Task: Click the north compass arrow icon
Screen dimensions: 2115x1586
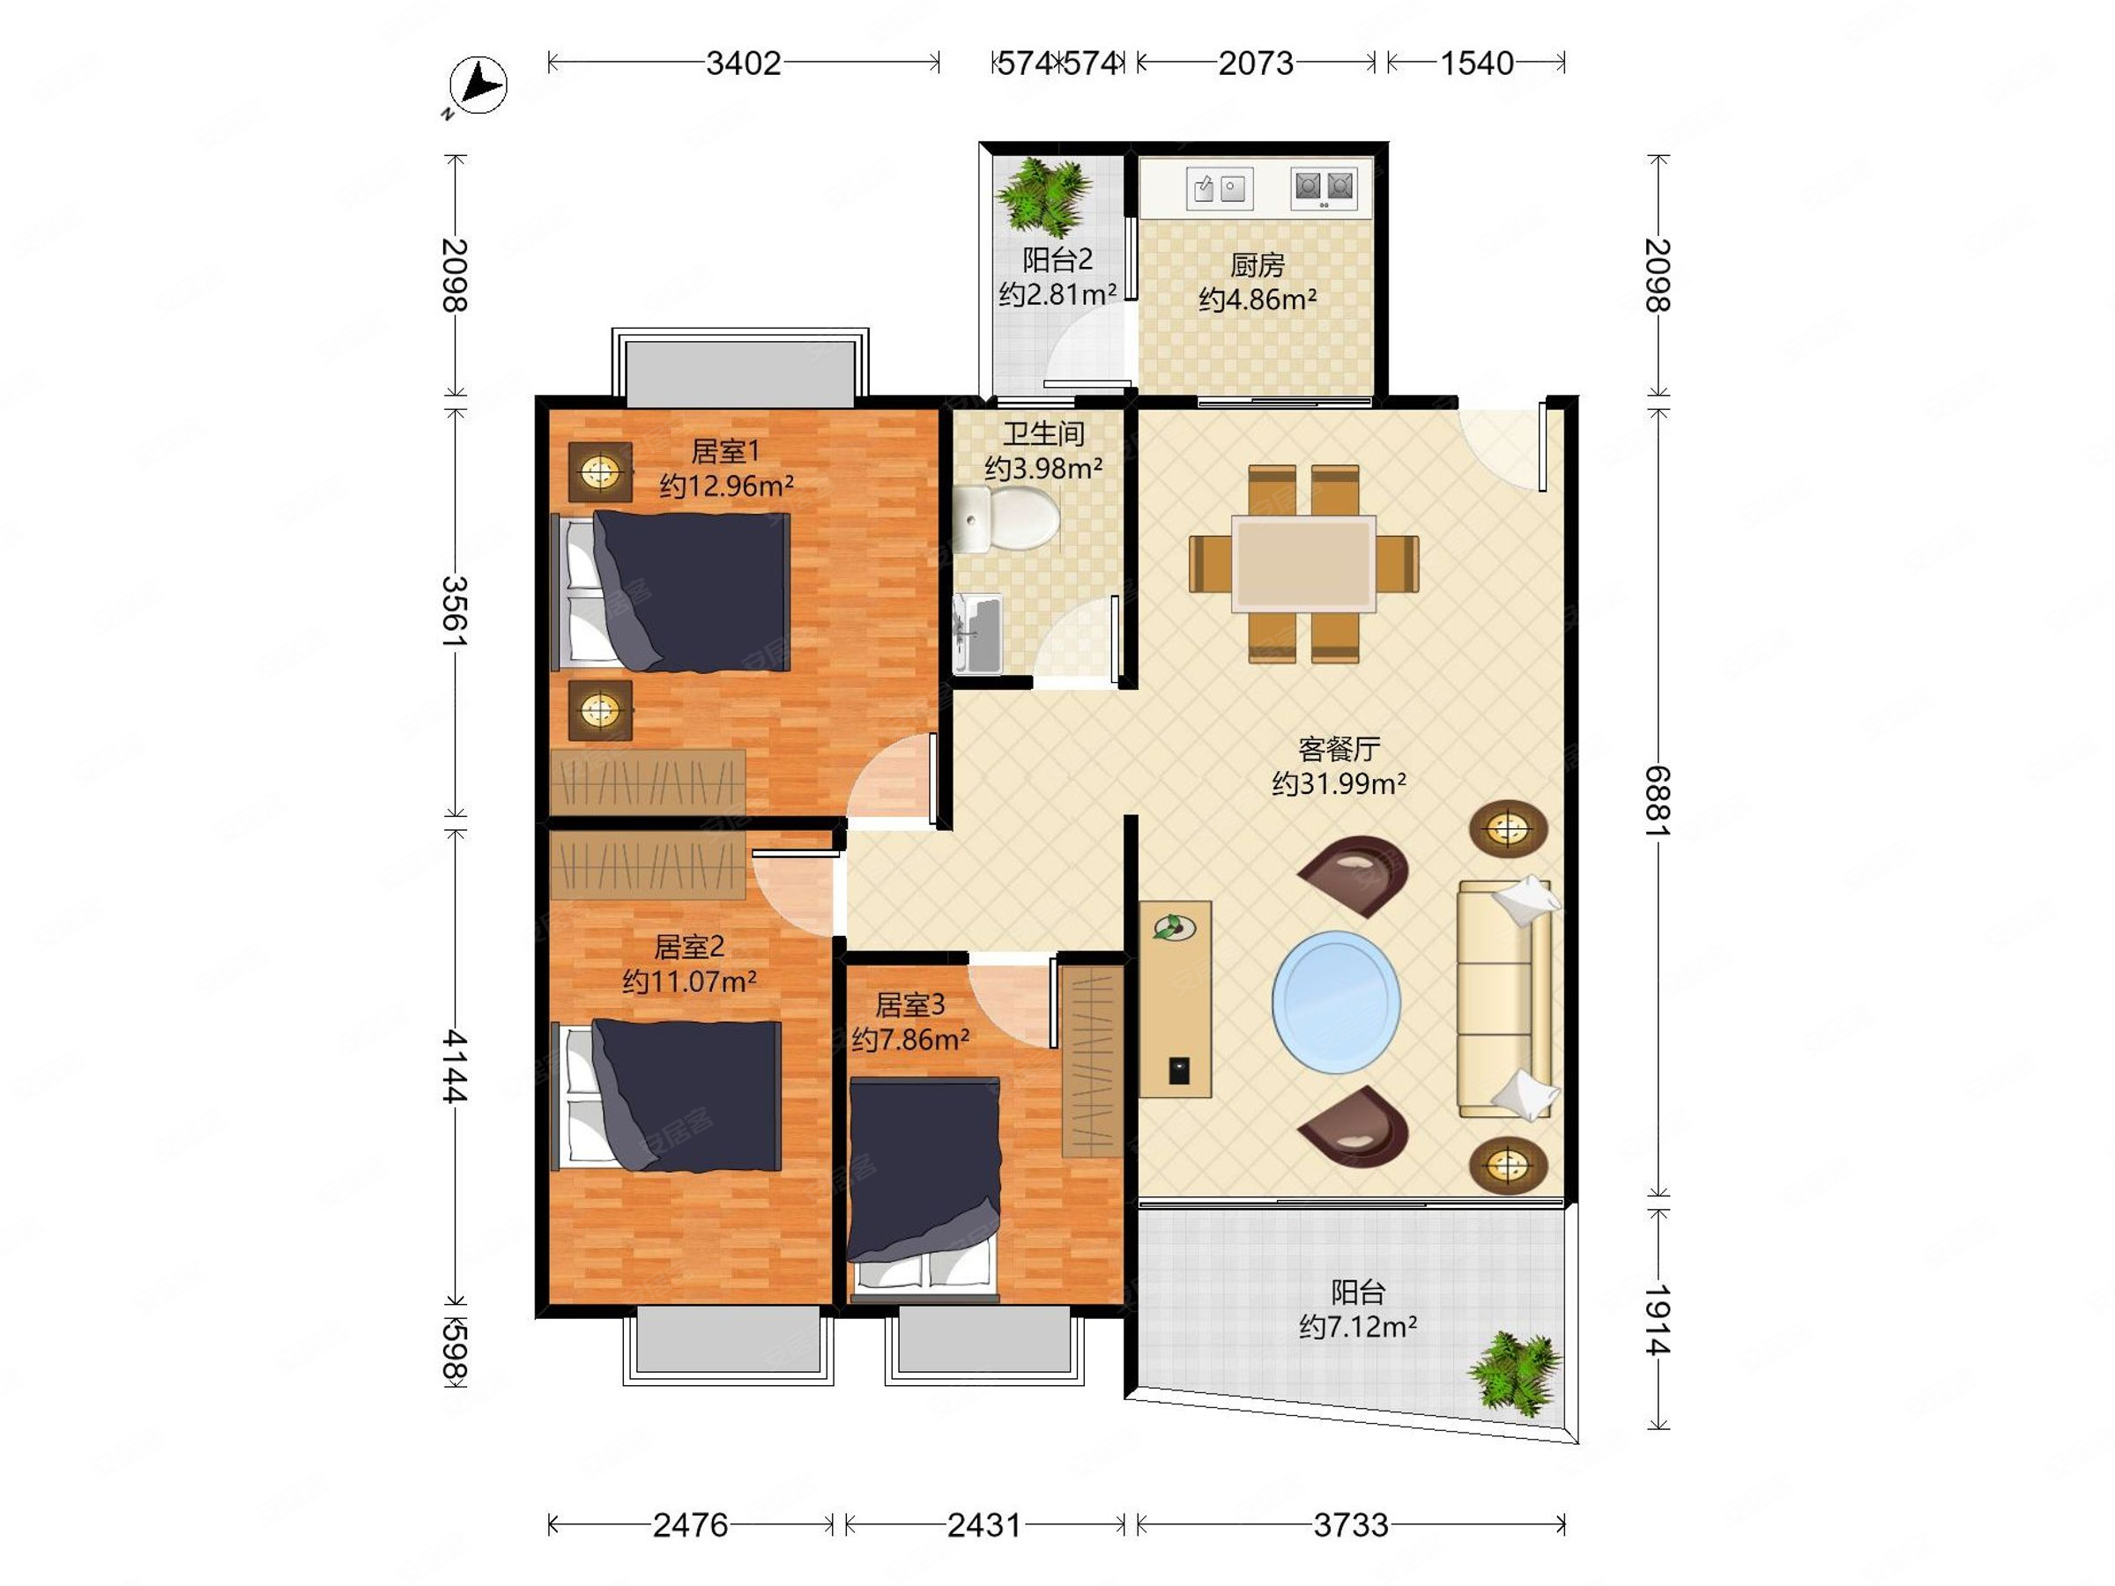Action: click(x=478, y=86)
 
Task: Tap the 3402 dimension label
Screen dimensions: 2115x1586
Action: click(x=743, y=63)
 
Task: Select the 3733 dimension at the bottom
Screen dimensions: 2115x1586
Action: click(x=1350, y=1525)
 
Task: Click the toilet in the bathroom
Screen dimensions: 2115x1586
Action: click(x=1006, y=519)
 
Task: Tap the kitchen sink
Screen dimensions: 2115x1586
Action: click(x=1219, y=189)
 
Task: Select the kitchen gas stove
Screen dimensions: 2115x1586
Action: click(x=1325, y=189)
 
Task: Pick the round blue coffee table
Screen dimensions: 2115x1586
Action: click(x=1336, y=1001)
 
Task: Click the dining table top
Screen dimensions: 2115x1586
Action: click(x=1303, y=563)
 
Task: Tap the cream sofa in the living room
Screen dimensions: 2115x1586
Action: click(x=1504, y=998)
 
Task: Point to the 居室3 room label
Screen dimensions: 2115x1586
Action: click(x=909, y=1004)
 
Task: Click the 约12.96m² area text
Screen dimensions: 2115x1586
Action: click(x=726, y=485)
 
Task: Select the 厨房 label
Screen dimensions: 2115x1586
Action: click(x=1257, y=263)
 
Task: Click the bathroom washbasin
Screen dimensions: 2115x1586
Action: click(x=977, y=633)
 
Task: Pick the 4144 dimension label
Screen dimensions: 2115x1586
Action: click(x=455, y=1066)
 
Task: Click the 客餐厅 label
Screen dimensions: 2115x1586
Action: click(x=1338, y=749)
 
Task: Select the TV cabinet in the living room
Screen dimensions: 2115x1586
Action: click(x=1175, y=999)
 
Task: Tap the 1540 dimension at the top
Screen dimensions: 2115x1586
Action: click(x=1476, y=63)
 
